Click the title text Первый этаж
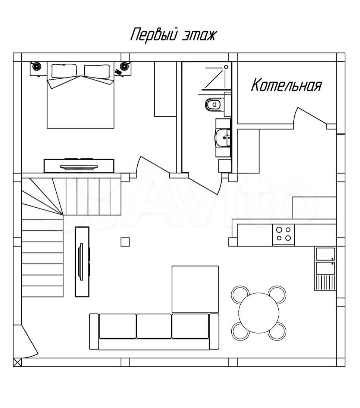(x=173, y=35)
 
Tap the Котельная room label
(x=286, y=85)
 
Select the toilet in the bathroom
(x=212, y=104)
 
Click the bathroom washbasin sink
(x=222, y=137)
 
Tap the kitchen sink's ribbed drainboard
(x=325, y=282)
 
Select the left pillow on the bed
(x=64, y=71)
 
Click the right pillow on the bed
(x=97, y=71)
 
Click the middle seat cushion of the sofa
(x=154, y=326)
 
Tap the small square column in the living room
(x=125, y=242)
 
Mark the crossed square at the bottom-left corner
(x=17, y=362)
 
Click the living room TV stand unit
(x=82, y=262)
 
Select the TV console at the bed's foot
(x=79, y=166)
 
